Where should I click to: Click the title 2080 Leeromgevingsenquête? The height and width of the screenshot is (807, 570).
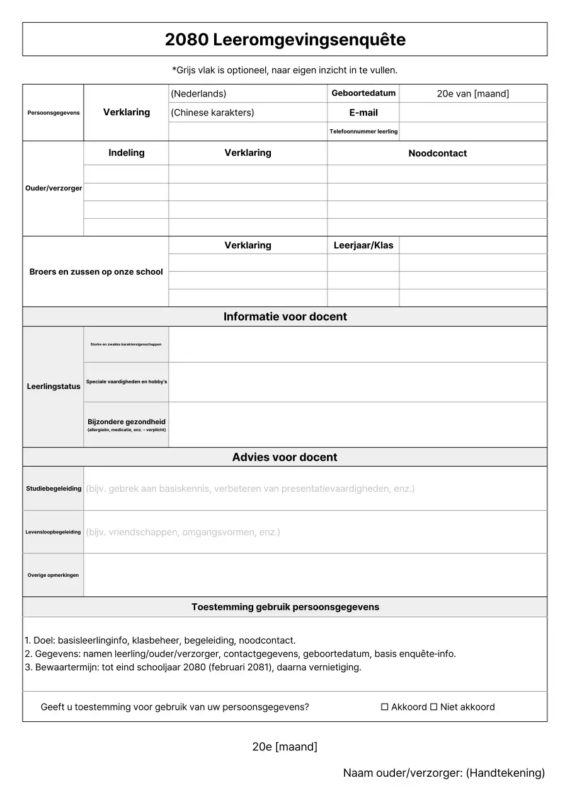tap(285, 40)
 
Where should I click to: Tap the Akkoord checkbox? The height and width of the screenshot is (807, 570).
tap(385, 707)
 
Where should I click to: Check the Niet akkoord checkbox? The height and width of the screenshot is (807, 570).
tap(433, 707)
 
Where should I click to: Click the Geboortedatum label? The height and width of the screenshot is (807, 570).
tap(363, 93)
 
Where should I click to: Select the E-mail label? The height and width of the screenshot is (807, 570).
tap(363, 113)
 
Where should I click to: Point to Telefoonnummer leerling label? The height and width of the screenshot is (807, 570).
tap(363, 132)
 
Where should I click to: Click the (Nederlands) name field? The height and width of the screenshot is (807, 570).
tap(248, 93)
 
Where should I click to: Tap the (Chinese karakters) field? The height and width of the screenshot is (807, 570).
tap(248, 113)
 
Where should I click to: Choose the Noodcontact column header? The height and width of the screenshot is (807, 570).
tap(437, 153)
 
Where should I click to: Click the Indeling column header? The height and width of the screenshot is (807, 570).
tap(126, 153)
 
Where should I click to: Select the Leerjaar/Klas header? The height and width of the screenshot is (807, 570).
tap(363, 245)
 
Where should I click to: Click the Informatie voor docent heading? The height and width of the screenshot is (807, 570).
tap(285, 316)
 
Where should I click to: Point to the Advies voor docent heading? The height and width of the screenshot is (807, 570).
tap(285, 457)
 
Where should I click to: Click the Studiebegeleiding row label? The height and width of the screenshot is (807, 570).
tap(54, 489)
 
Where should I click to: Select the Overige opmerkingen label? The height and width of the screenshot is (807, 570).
tap(54, 575)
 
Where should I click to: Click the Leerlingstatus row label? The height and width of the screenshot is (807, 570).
tap(54, 386)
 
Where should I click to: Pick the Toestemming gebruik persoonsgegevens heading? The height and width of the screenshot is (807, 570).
tap(285, 607)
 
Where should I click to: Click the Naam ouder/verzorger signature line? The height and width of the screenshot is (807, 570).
tap(443, 773)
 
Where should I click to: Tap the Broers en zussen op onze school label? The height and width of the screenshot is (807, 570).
tap(96, 272)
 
